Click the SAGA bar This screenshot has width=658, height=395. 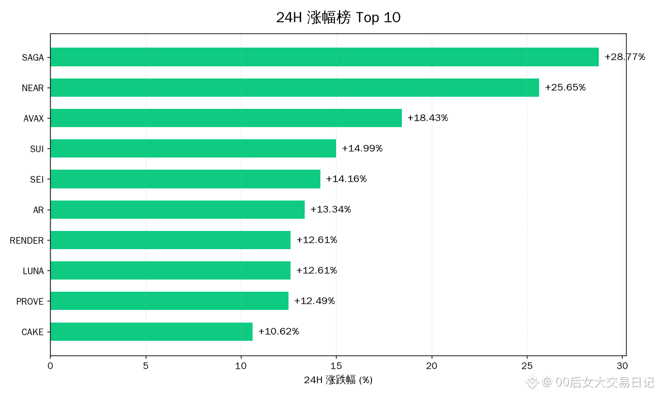[324, 57]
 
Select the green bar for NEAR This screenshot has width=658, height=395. [295, 88]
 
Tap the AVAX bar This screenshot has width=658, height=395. [226, 118]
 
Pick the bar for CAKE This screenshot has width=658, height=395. [151, 332]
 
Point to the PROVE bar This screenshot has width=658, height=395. [170, 301]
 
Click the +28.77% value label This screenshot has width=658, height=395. [625, 57]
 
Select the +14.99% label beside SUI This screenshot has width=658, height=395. [362, 148]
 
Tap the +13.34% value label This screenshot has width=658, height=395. [331, 209]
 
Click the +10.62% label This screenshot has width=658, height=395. [278, 331]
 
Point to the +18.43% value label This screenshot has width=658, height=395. [428, 118]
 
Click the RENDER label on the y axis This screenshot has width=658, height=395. [27, 241]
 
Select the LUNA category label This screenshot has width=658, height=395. [33, 271]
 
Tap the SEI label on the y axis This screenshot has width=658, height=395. [37, 179]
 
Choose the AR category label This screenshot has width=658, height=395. [38, 210]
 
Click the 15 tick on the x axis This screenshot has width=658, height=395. [337, 366]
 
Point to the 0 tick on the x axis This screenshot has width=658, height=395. [50, 366]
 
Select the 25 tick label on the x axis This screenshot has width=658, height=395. [527, 366]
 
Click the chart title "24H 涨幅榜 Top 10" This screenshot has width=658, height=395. [339, 17]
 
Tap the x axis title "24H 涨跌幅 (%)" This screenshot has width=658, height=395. [338, 380]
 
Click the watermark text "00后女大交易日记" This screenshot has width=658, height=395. [604, 382]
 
